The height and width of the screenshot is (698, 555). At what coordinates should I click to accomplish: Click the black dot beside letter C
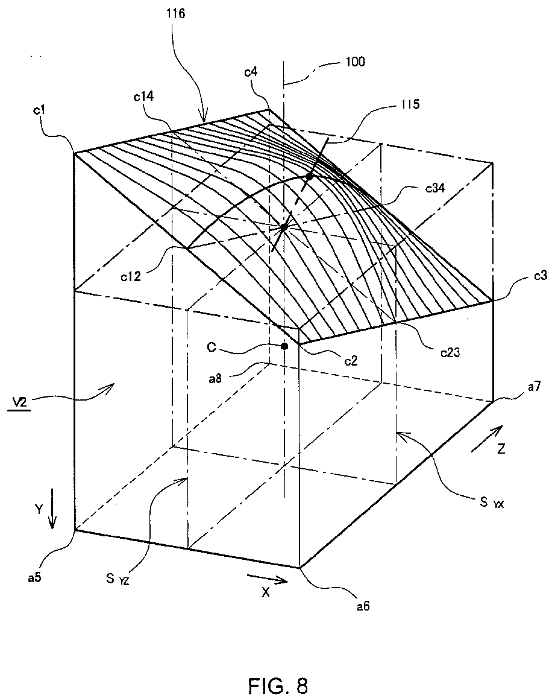pyautogui.click(x=284, y=346)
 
